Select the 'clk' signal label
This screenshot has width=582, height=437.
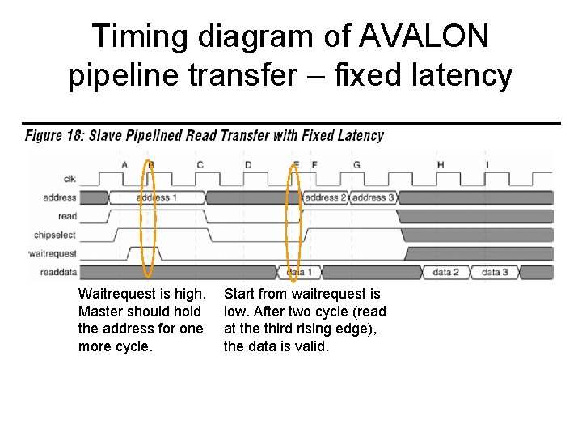coord(70,179)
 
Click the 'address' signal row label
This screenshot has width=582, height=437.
coord(61,197)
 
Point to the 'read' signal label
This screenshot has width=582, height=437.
coord(68,216)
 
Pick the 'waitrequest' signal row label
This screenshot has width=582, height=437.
coord(53,253)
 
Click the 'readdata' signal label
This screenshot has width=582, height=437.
coord(58,273)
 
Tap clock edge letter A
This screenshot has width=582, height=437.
coord(124,165)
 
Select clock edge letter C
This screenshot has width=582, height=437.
coord(200,165)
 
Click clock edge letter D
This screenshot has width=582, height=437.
coord(248,165)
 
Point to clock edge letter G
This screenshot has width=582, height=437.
coord(356,165)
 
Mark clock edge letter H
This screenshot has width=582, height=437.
coord(441,165)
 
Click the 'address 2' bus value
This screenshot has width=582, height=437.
coord(326,197)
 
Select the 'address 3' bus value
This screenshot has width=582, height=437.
coord(373,197)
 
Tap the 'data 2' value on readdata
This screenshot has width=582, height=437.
coord(446,273)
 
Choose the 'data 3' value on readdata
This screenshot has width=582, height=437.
coord(495,273)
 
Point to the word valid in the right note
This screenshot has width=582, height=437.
coord(313,346)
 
